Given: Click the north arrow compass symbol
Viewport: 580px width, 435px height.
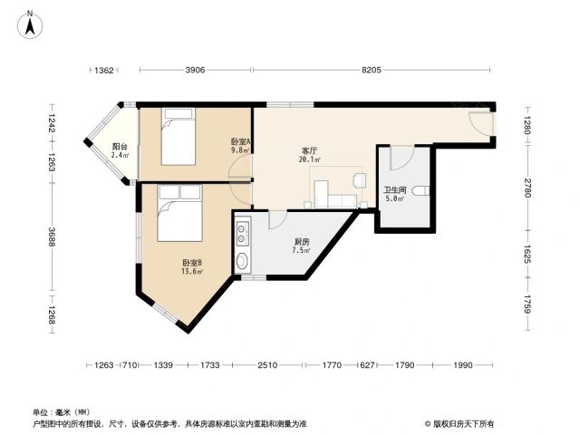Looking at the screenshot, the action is point(30,24).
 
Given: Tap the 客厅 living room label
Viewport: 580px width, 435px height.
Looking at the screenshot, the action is point(310,151).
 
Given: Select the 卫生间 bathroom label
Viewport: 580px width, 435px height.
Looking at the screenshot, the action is point(395,190).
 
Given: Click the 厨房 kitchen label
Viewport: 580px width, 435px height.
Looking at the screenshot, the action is point(302,242).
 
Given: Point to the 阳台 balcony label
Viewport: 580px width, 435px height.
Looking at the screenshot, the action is point(120,147).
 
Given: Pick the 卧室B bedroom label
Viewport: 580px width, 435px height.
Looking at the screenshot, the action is point(192,263).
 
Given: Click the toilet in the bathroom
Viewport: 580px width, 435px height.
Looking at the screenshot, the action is point(421,191).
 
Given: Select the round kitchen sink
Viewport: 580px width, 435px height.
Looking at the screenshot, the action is point(242,261).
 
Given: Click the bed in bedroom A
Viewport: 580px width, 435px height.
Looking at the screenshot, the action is point(179,137).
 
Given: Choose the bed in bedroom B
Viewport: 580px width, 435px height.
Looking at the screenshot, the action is point(179,213).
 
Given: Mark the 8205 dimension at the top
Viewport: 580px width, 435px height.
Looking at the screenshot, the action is point(372,70).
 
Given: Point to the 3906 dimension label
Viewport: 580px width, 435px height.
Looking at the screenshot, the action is point(195,70).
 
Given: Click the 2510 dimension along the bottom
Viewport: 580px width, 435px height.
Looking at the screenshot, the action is point(267,365).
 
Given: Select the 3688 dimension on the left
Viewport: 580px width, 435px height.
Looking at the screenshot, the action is point(52,237).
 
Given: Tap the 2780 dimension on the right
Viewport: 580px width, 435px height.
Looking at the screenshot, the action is point(527,188).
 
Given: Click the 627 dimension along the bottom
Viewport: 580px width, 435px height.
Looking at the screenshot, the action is point(367,365).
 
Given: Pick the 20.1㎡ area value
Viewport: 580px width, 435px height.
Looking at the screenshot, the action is point(310,159).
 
